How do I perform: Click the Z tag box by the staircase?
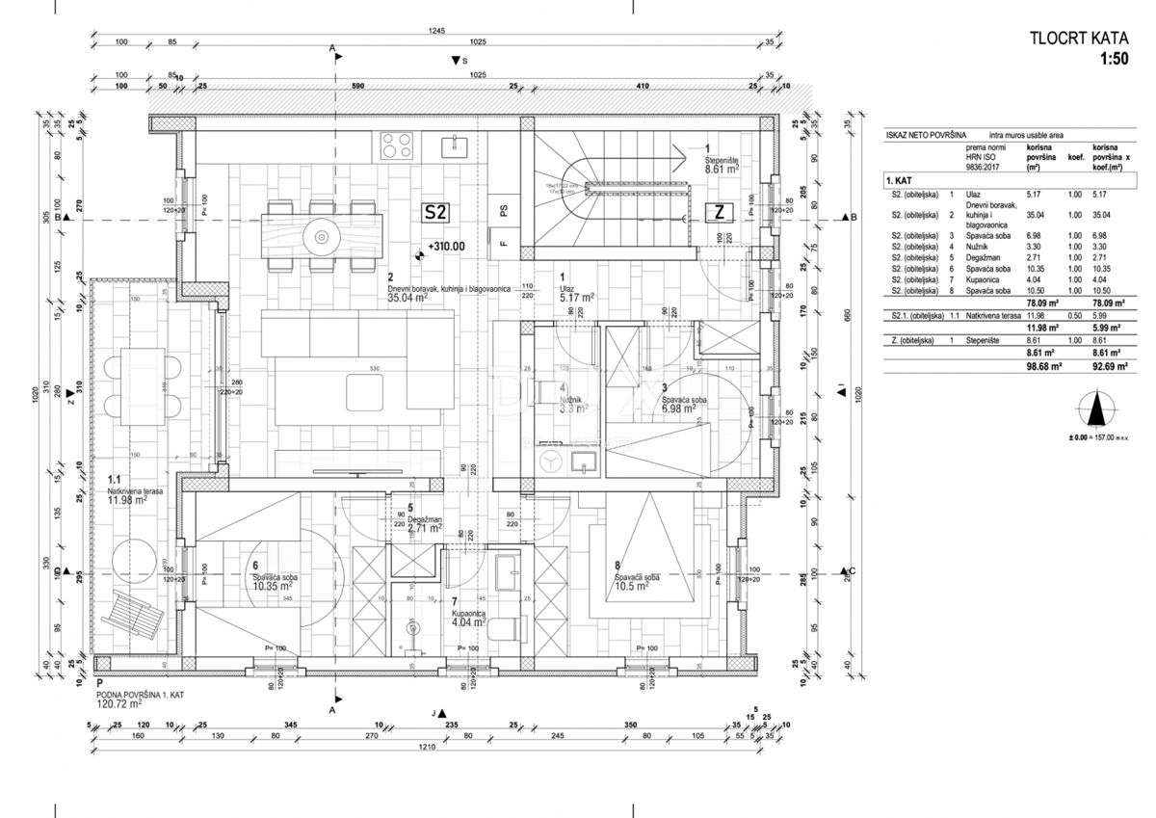point(719,211)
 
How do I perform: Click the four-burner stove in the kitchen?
point(397,145)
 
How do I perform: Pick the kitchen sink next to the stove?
point(453,145)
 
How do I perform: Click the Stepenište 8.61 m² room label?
point(721,164)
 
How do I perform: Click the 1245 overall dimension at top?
point(437,32)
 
